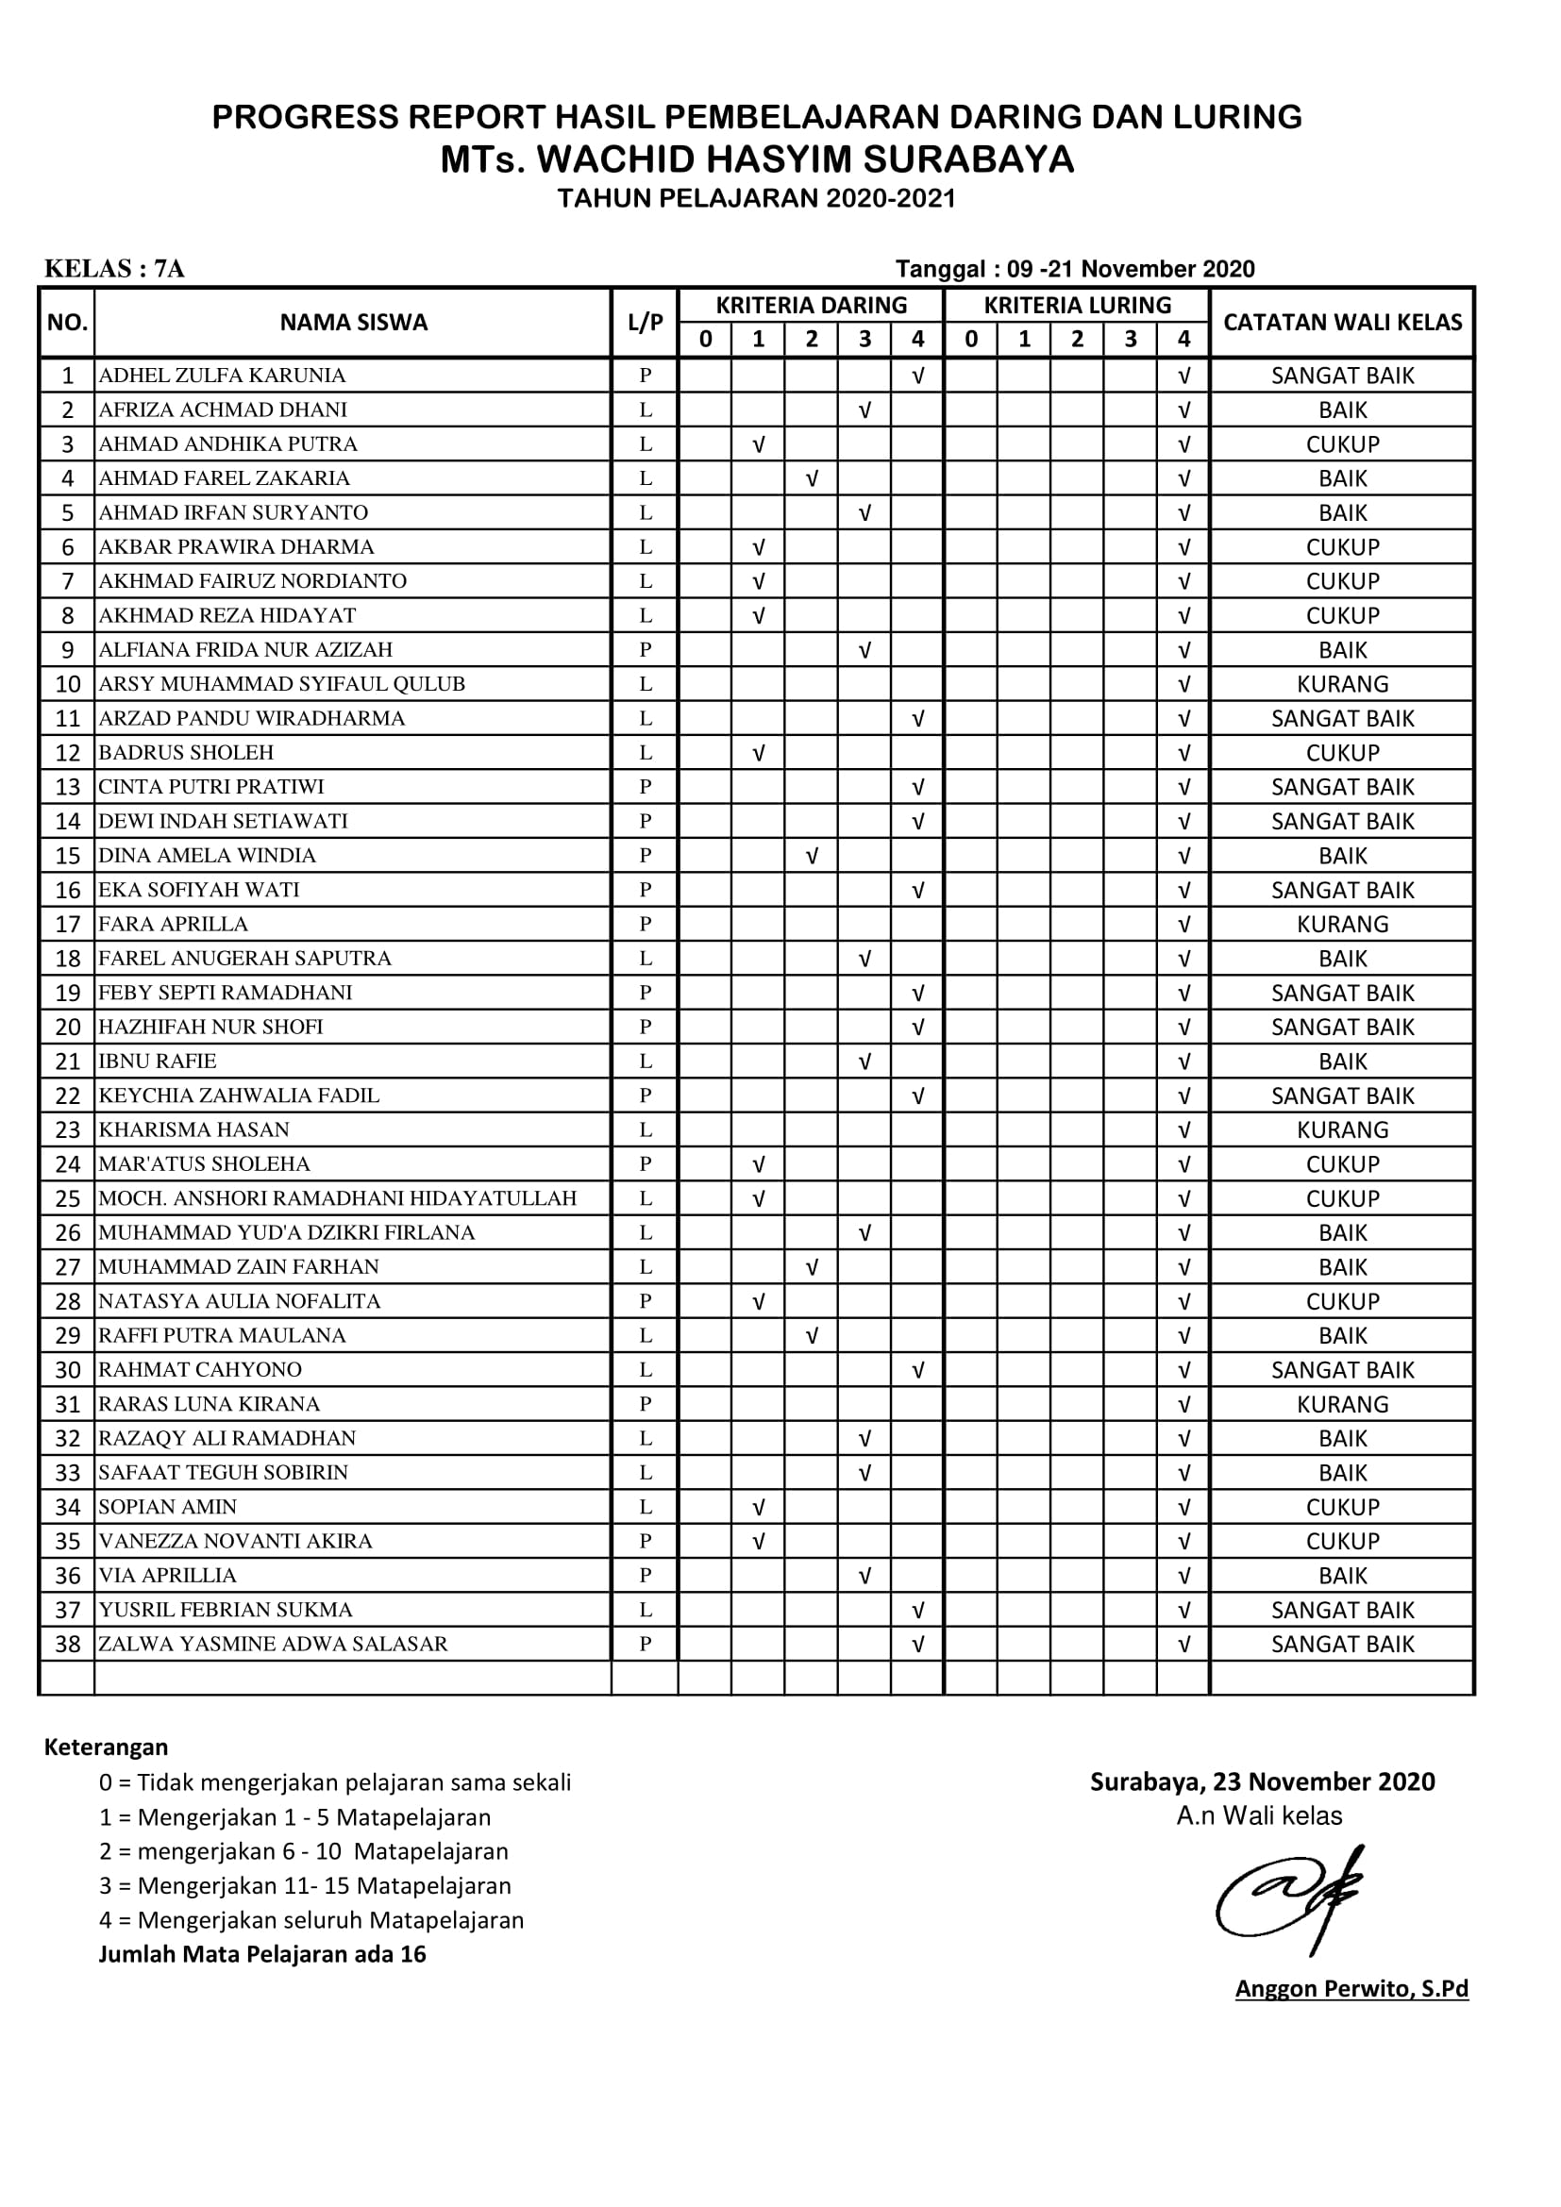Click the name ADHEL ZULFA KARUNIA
click(x=222, y=375)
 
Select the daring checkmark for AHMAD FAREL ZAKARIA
click(x=812, y=477)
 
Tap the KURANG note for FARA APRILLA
click(x=1342, y=924)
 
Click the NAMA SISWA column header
click(x=353, y=322)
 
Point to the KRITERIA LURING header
click(x=1077, y=305)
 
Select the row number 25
click(x=67, y=1198)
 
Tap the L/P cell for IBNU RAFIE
click(x=645, y=1062)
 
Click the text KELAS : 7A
click(x=114, y=268)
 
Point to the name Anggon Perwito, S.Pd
click(x=1351, y=1989)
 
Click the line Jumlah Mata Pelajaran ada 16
click(x=261, y=1954)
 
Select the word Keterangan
click(x=106, y=1747)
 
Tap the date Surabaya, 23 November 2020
click(x=1261, y=1781)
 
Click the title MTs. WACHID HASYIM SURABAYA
click(x=757, y=159)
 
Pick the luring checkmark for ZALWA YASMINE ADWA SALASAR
click(x=1183, y=1644)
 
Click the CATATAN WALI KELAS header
click(x=1342, y=322)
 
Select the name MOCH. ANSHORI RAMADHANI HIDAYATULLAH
click(x=337, y=1198)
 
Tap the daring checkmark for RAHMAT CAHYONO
click(x=917, y=1370)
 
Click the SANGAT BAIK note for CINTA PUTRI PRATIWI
click(x=1342, y=787)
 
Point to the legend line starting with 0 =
click(x=334, y=1782)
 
